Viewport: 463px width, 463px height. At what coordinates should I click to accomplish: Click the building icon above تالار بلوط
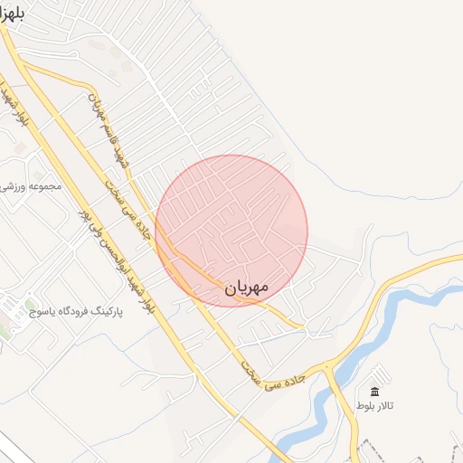coord(374,392)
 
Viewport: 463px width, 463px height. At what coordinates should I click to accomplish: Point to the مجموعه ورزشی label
coord(33,186)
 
